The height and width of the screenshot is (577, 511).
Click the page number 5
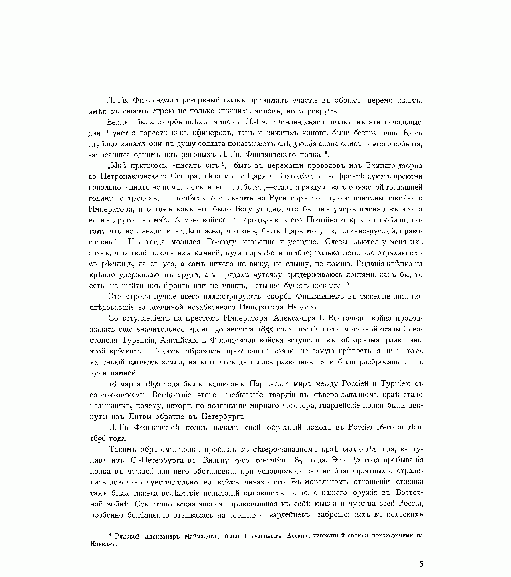[x=422, y=564]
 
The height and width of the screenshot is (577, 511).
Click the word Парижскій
[x=269, y=384]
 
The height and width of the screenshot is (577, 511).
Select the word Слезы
[x=337, y=242]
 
